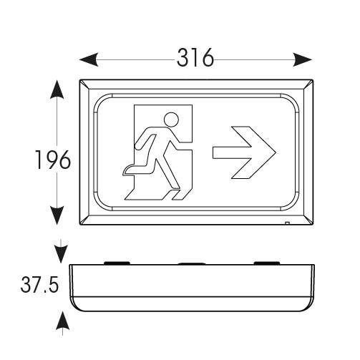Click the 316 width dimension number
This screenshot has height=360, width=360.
(x=195, y=57)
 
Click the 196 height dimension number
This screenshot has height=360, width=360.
(x=53, y=160)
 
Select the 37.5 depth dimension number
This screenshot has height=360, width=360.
(x=39, y=284)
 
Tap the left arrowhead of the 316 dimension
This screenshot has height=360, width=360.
(x=89, y=59)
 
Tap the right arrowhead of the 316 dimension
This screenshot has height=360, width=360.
(x=303, y=59)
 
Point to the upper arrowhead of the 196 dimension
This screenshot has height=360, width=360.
(x=57, y=89)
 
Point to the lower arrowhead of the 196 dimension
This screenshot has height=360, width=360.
(x=57, y=215)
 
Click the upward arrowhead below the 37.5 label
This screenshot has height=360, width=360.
(x=62, y=321)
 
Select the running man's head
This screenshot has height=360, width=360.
(x=172, y=120)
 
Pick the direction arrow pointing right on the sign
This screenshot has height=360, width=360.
(x=244, y=152)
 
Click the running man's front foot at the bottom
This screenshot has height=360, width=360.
(x=176, y=195)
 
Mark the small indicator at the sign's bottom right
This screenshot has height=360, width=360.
(x=288, y=223)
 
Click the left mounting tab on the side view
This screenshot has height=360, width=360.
(x=117, y=263)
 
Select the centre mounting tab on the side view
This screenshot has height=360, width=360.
(x=192, y=263)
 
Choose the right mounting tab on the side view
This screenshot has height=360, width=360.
(x=267, y=263)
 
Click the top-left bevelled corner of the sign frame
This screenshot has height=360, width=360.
(x=84, y=84)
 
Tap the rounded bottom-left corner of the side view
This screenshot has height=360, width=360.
(x=76, y=306)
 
